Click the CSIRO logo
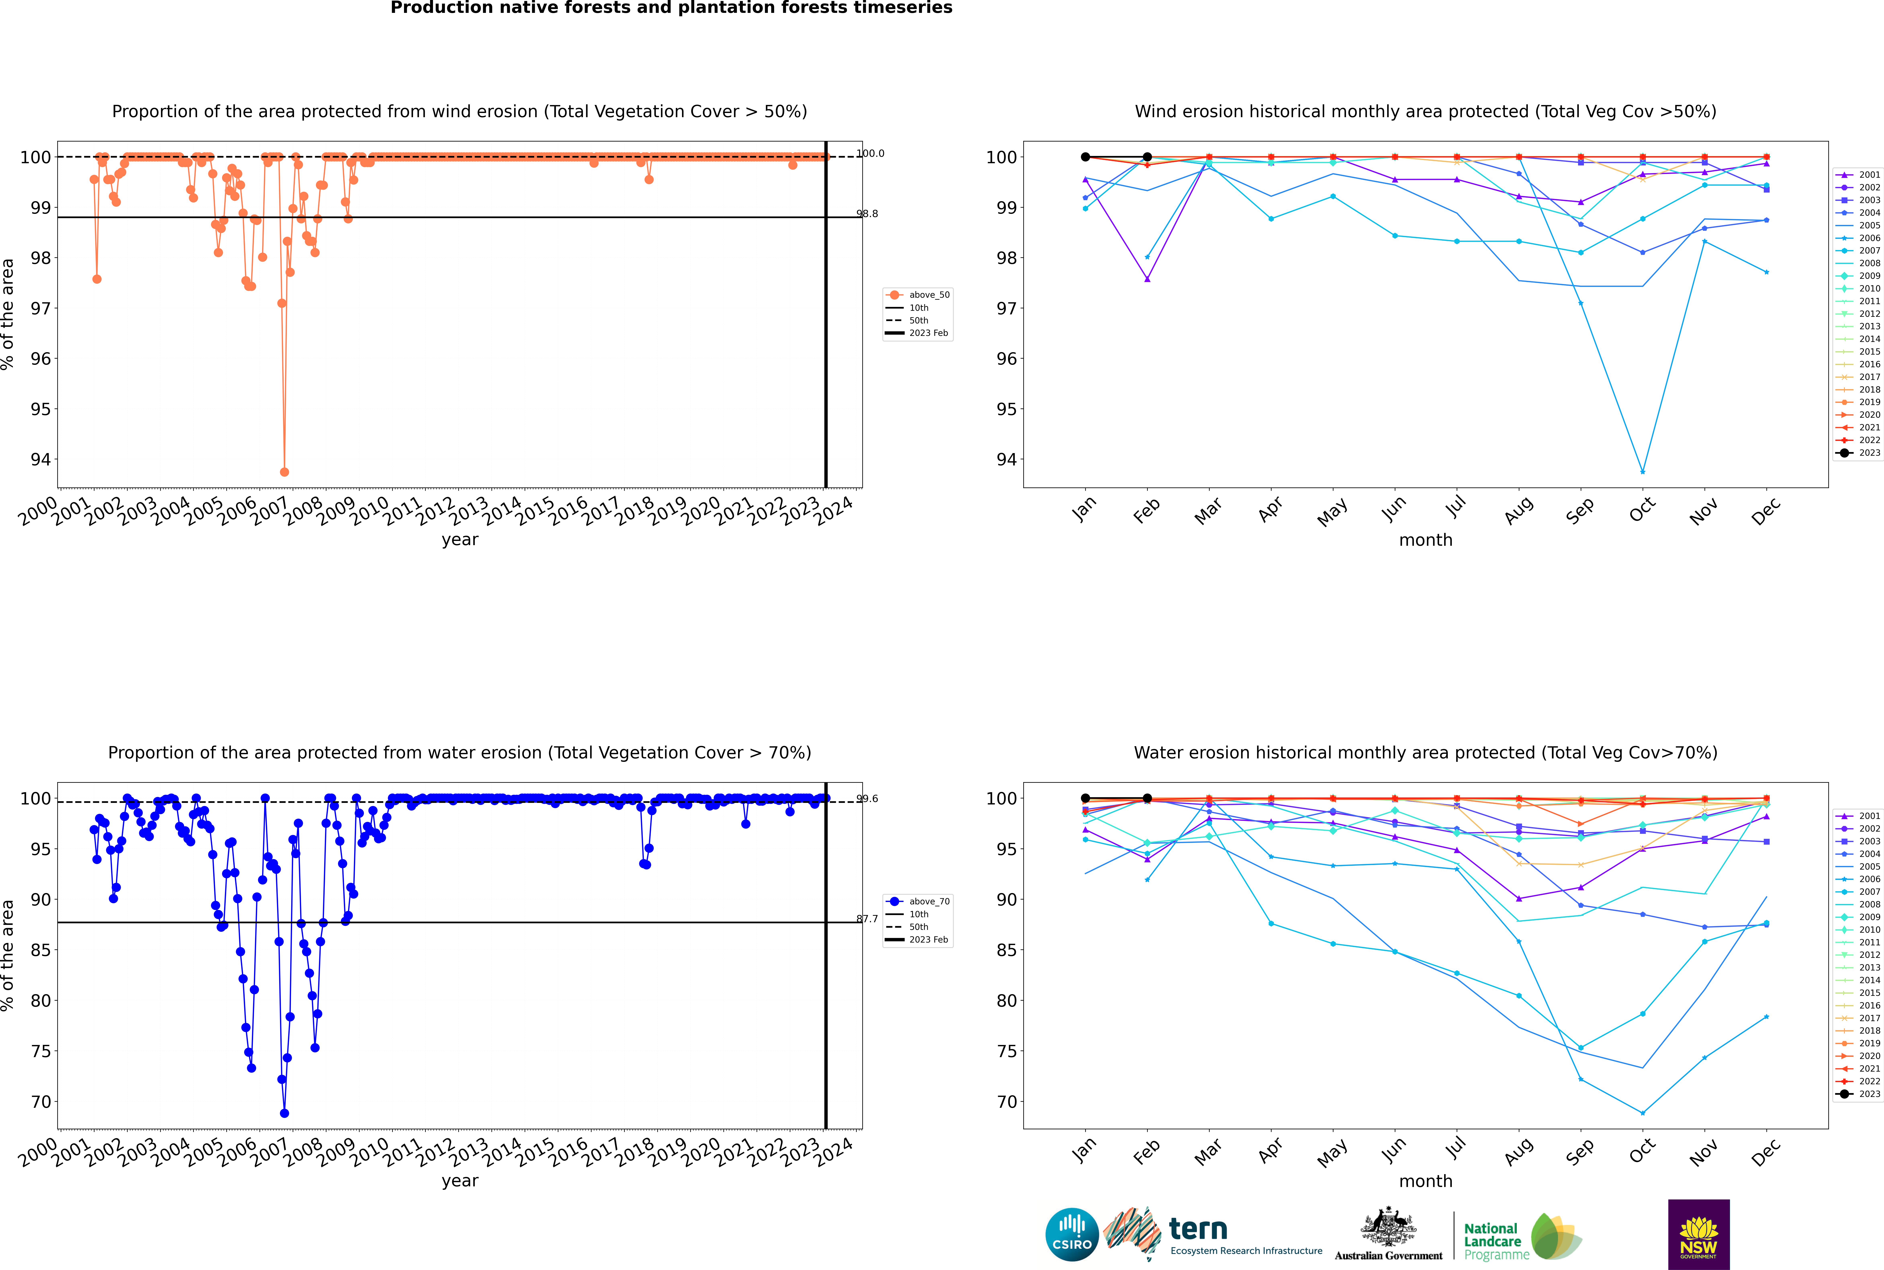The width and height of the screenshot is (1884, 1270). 1072,1234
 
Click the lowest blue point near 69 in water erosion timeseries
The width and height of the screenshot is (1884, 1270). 284,1113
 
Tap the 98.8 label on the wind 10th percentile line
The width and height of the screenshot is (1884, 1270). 868,214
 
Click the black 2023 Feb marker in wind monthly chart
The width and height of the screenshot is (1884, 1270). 1147,157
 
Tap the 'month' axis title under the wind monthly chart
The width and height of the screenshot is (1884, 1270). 1426,540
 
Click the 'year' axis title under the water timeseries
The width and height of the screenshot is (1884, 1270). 460,1181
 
